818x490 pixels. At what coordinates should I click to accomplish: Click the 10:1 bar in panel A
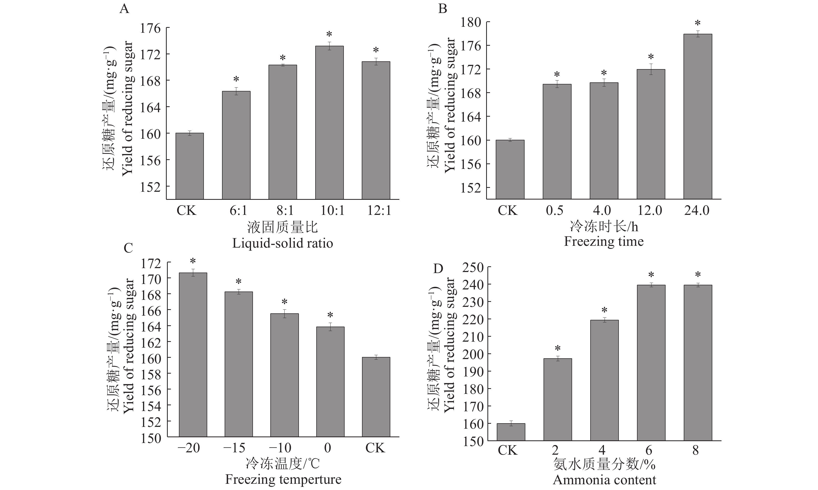point(329,123)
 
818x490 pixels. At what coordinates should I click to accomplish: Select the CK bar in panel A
point(189,166)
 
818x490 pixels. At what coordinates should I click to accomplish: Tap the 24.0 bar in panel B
point(698,117)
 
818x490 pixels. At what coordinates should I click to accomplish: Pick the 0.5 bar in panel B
point(557,142)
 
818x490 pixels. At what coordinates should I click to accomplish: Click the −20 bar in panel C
point(193,355)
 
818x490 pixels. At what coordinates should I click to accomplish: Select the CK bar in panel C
point(376,397)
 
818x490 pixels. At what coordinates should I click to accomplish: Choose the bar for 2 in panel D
point(558,400)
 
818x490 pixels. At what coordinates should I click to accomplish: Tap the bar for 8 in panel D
point(698,362)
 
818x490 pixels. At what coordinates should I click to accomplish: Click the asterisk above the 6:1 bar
point(236,79)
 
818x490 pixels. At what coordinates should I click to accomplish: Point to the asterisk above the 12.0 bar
point(651,57)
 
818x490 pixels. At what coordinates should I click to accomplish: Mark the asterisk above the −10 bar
point(284,302)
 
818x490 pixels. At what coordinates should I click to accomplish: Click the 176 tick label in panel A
point(150,28)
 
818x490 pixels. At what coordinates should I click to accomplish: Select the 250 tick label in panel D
point(473,267)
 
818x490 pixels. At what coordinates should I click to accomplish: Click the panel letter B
point(442,9)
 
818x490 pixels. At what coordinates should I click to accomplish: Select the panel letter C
point(128,248)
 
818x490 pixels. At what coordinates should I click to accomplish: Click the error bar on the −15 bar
point(239,292)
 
